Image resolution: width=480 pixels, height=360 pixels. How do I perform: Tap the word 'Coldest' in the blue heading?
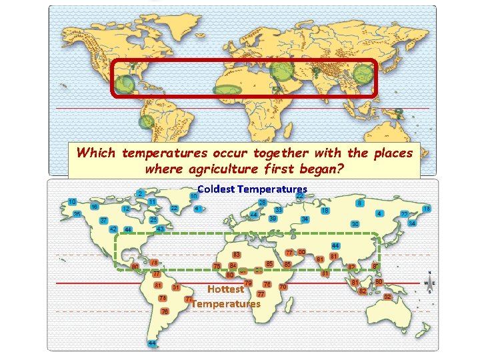[x=216, y=189]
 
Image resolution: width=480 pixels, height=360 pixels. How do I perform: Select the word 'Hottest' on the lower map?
[x=225, y=289]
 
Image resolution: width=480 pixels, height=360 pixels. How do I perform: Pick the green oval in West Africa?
[x=227, y=89]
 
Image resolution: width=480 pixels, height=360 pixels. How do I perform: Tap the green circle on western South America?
[x=146, y=122]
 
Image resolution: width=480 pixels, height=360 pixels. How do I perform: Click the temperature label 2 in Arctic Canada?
[x=140, y=193]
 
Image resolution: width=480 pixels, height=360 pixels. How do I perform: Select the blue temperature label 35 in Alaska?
[x=77, y=214]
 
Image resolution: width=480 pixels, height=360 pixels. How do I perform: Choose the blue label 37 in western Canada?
[x=104, y=221]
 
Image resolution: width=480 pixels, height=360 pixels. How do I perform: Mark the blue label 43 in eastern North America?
[x=160, y=229]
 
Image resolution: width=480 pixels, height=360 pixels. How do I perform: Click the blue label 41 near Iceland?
[x=197, y=209]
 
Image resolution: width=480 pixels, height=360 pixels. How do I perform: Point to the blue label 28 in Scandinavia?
[x=263, y=202]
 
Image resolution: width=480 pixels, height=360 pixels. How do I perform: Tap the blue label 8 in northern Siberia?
[x=360, y=203]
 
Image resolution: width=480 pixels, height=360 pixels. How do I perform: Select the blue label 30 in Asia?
[x=355, y=224]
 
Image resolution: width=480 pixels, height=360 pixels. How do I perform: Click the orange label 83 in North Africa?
[x=236, y=255]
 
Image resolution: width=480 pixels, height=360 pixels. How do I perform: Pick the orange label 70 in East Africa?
[x=283, y=287]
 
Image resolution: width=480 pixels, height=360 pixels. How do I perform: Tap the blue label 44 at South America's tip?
[x=153, y=343]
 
